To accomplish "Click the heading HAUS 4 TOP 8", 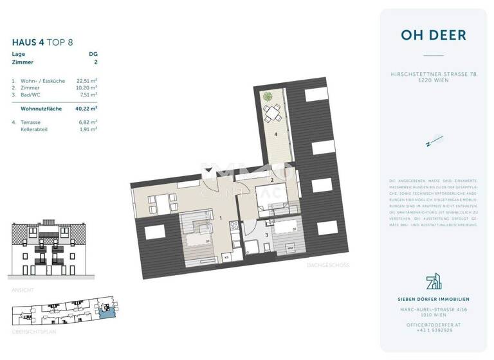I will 42,42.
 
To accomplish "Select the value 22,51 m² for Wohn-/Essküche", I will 87,81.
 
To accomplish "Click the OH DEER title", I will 433,35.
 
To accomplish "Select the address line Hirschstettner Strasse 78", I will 433,75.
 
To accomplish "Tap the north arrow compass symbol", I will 433,139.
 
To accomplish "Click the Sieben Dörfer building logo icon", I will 433,281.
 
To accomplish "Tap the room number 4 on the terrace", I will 276,135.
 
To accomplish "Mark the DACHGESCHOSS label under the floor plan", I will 328,264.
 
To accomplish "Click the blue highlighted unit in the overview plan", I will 106,312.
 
